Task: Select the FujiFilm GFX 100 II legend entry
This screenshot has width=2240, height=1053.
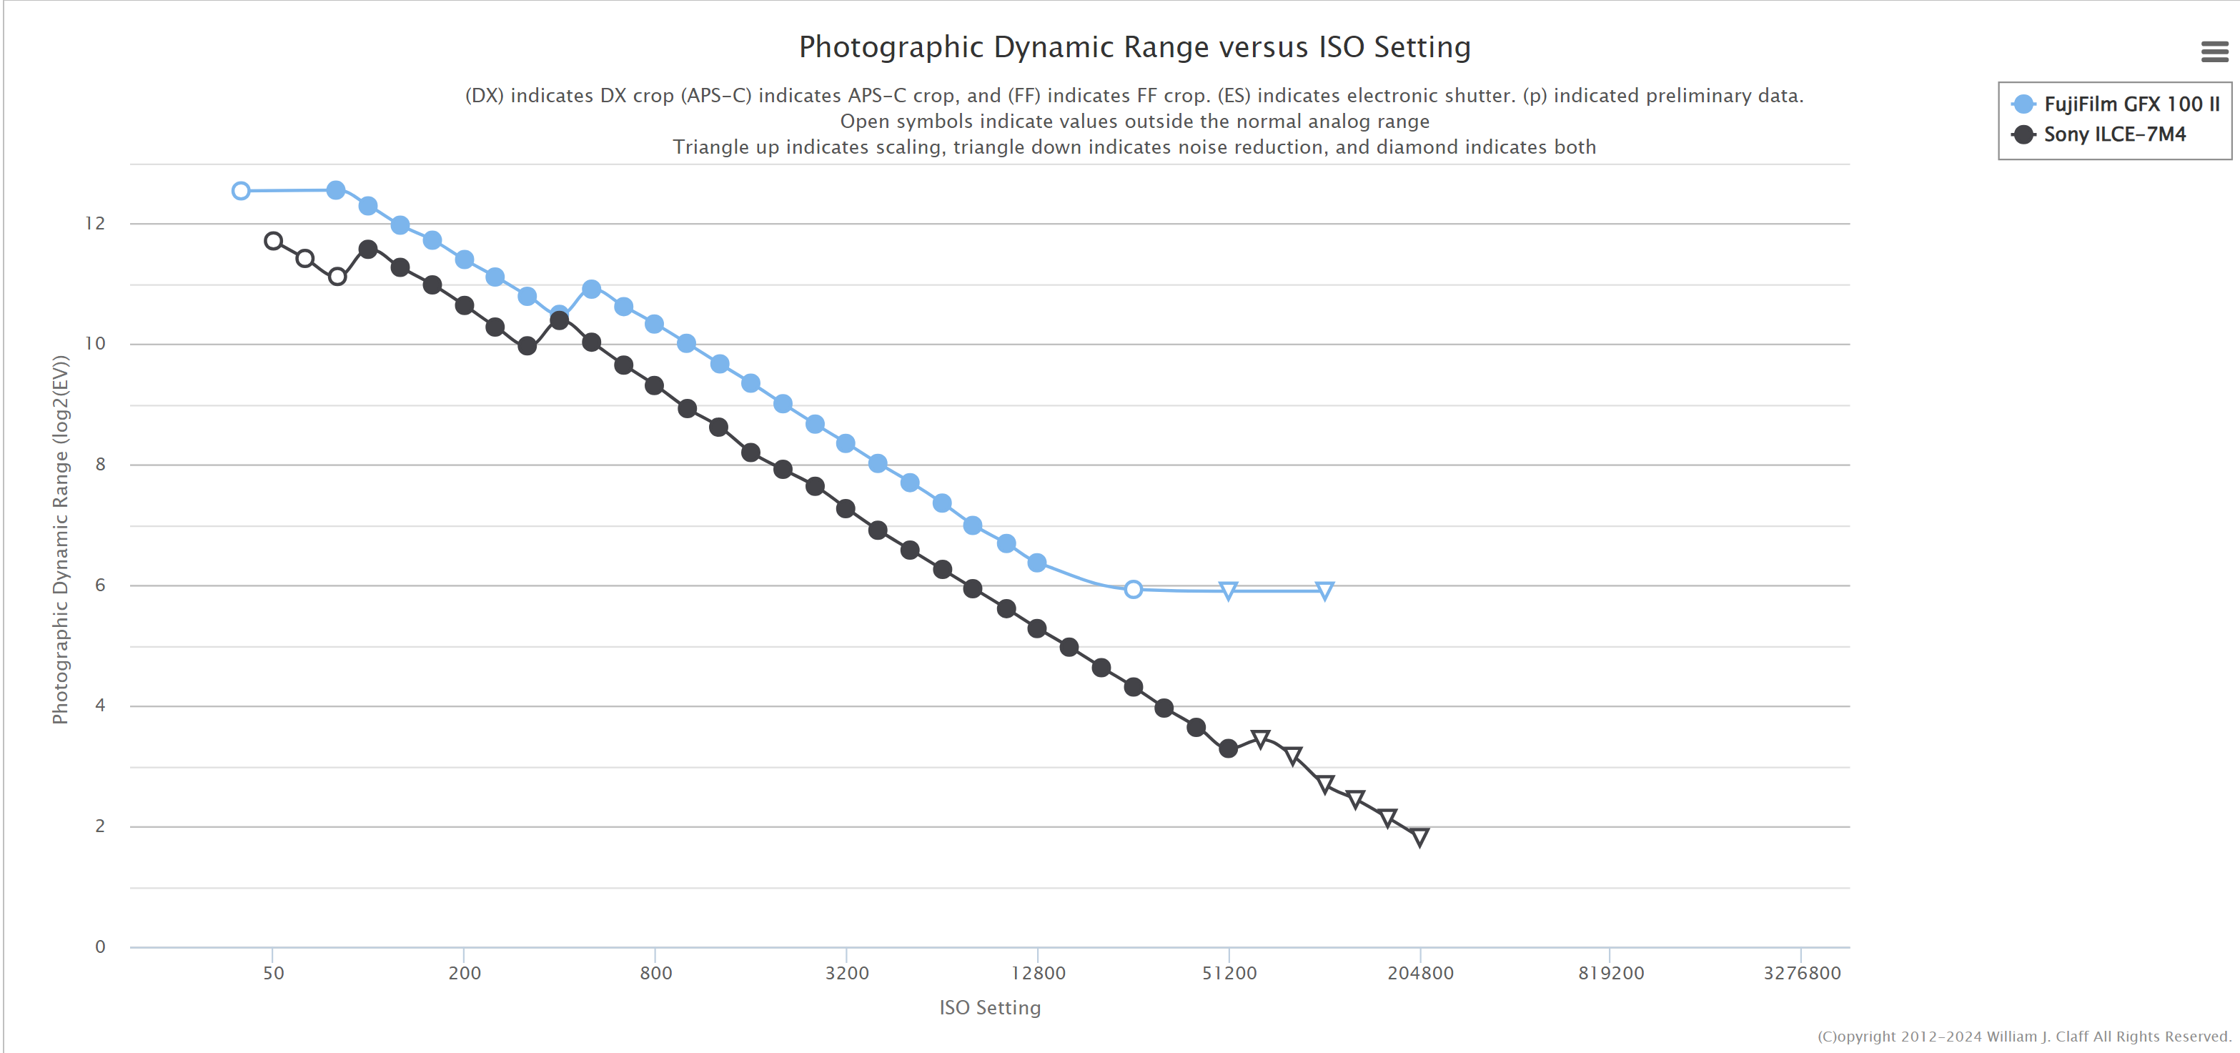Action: (x=2114, y=104)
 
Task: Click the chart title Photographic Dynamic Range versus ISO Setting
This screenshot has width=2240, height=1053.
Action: (x=1134, y=48)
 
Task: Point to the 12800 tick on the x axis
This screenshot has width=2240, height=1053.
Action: (x=1037, y=973)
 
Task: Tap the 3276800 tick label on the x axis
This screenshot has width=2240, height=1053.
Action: (x=1801, y=973)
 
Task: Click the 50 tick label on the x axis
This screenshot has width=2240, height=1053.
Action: (x=273, y=973)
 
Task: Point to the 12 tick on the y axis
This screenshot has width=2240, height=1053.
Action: (x=95, y=224)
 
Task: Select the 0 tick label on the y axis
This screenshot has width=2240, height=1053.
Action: (x=100, y=947)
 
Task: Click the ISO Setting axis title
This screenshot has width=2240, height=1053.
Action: (x=990, y=1008)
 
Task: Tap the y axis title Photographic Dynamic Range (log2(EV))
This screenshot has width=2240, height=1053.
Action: (x=60, y=539)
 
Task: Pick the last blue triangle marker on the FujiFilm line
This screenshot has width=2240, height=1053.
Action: (x=1324, y=591)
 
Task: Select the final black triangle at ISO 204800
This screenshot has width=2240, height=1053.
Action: (x=1419, y=837)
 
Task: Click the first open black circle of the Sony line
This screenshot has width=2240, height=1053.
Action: (x=273, y=241)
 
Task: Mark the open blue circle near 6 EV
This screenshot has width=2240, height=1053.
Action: (x=1133, y=590)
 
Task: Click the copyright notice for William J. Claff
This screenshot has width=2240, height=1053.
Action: (x=2023, y=1037)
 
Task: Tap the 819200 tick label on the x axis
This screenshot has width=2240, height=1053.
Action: (x=1610, y=973)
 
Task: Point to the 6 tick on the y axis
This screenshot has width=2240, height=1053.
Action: (x=100, y=585)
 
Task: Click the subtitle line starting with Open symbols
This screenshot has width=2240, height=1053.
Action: (x=1134, y=122)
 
